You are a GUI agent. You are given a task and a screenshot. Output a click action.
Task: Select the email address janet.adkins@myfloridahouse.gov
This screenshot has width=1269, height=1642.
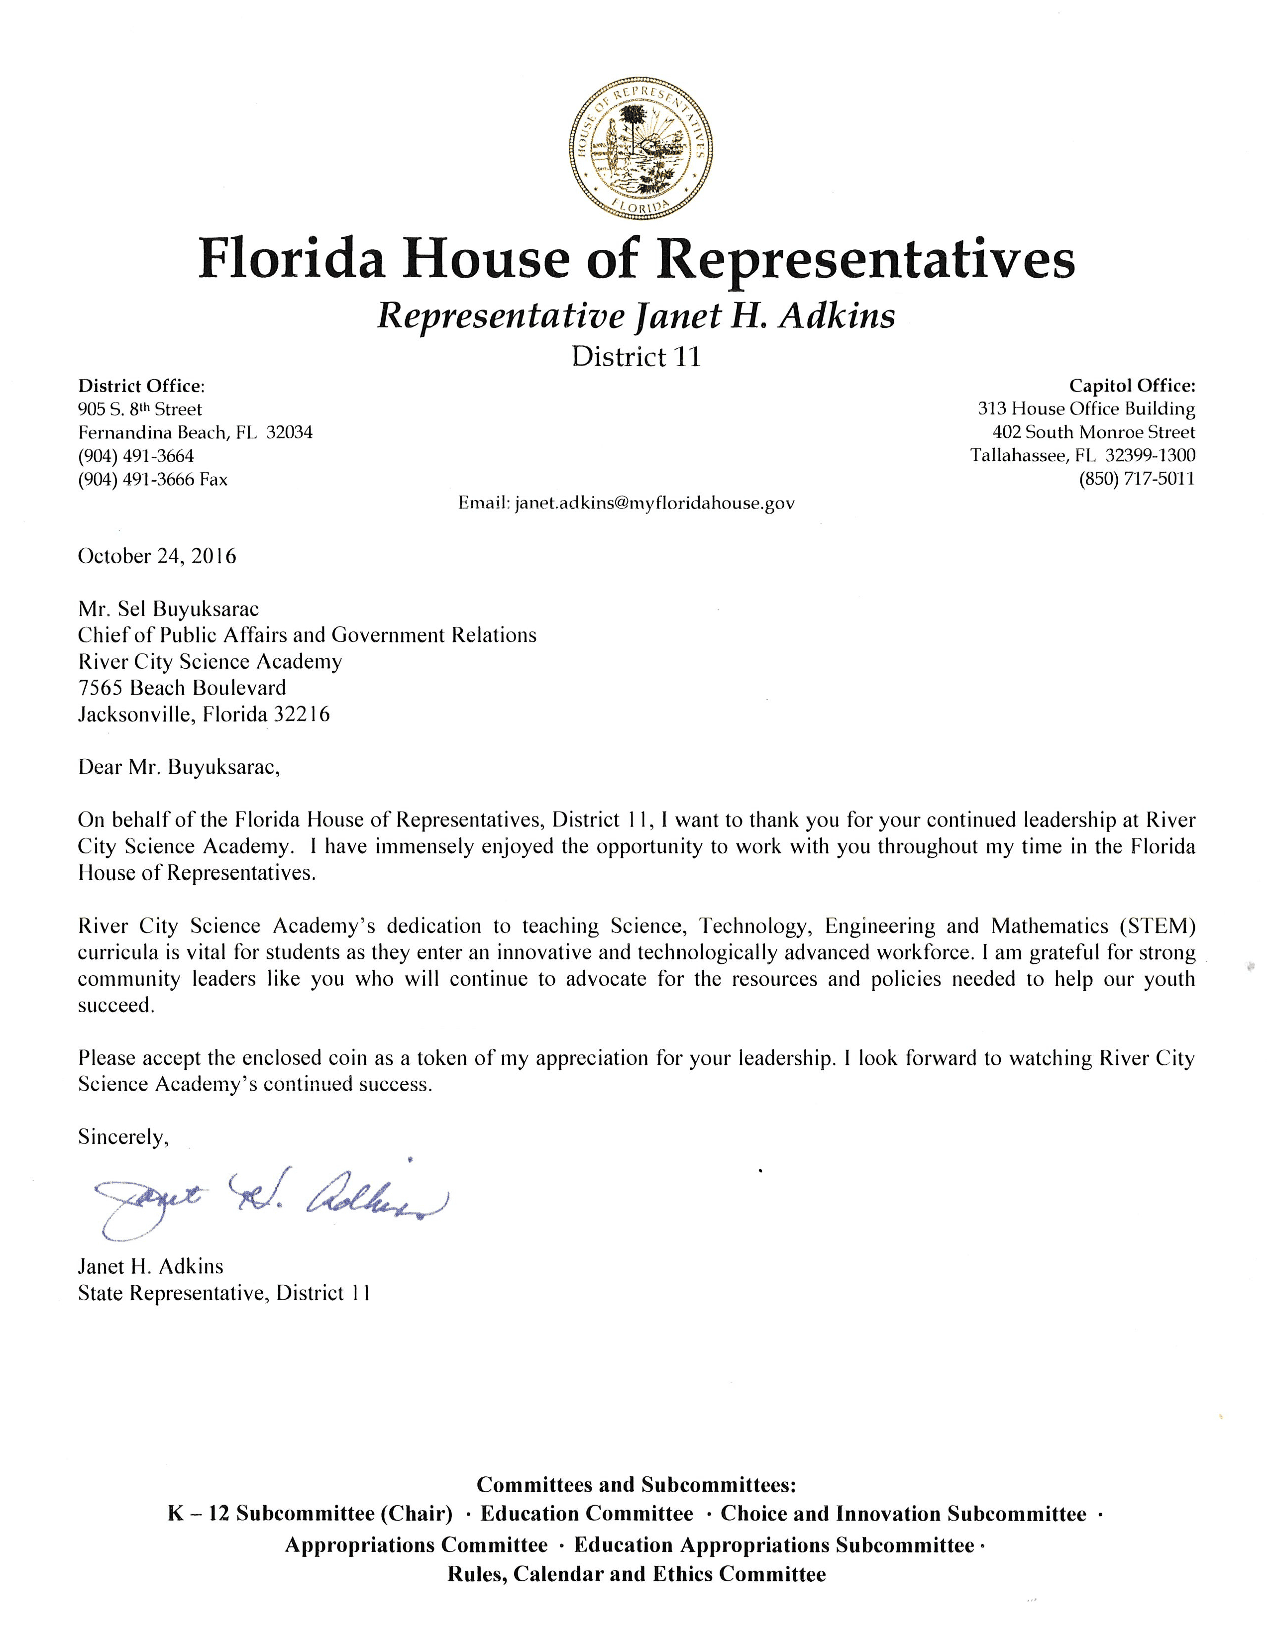tap(654, 504)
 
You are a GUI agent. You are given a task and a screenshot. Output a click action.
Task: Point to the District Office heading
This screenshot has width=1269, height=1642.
tap(141, 387)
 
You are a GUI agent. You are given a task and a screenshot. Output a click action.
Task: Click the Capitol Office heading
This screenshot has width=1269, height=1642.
tap(1132, 387)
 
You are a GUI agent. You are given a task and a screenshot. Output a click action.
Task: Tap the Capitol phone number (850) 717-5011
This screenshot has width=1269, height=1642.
tap(1136, 479)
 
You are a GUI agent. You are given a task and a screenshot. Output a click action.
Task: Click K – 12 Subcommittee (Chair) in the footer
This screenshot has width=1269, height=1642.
tap(310, 1514)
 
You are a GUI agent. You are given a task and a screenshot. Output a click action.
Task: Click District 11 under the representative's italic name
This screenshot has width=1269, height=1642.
tap(636, 356)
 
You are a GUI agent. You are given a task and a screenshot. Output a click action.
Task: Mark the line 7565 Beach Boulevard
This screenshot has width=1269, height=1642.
tap(182, 688)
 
